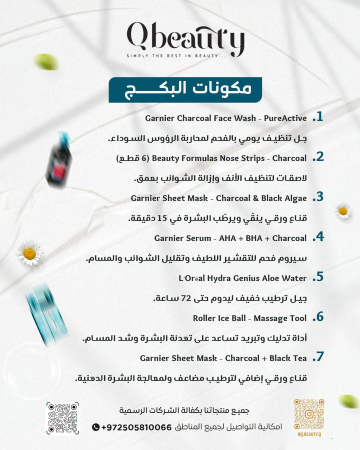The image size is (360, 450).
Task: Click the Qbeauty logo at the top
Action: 185,38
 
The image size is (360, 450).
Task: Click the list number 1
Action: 317,118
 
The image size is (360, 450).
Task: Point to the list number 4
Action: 317,237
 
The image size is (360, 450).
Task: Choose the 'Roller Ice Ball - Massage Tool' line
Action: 249,318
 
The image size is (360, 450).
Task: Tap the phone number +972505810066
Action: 136,427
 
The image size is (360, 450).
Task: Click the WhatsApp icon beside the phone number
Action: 96,427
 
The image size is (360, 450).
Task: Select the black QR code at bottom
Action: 62,418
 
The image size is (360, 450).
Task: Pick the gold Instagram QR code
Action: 309,414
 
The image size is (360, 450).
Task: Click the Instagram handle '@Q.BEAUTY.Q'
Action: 309,436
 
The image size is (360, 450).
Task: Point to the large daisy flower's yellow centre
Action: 29,253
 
